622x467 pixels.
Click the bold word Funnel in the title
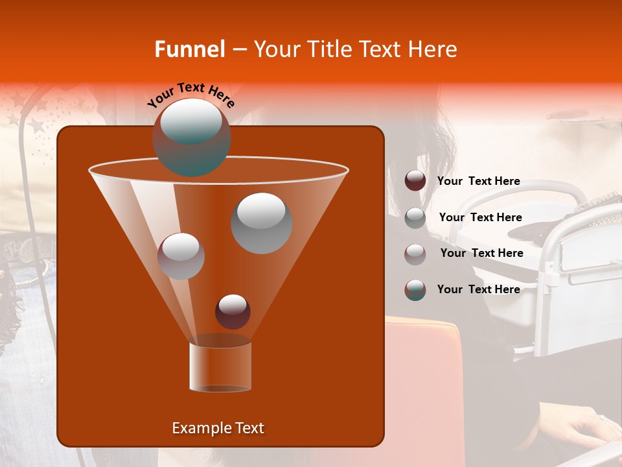click(190, 49)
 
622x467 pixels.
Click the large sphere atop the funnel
click(191, 137)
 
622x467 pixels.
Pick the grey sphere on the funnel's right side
click(261, 222)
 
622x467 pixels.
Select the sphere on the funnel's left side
click(181, 256)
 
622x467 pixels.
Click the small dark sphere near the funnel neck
click(233, 311)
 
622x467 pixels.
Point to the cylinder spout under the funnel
click(220, 366)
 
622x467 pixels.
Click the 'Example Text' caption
click(218, 428)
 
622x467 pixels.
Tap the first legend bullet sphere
click(415, 180)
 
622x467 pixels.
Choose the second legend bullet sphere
click(415, 217)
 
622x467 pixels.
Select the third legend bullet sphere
click(415, 254)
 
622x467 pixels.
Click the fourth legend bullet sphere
click(415, 289)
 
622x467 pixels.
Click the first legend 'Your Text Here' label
click(478, 181)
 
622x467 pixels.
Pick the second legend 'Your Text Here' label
click(480, 217)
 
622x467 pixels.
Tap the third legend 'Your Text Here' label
click(481, 253)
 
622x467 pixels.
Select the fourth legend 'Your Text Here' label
click(478, 289)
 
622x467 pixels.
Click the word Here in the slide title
click(433, 49)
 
